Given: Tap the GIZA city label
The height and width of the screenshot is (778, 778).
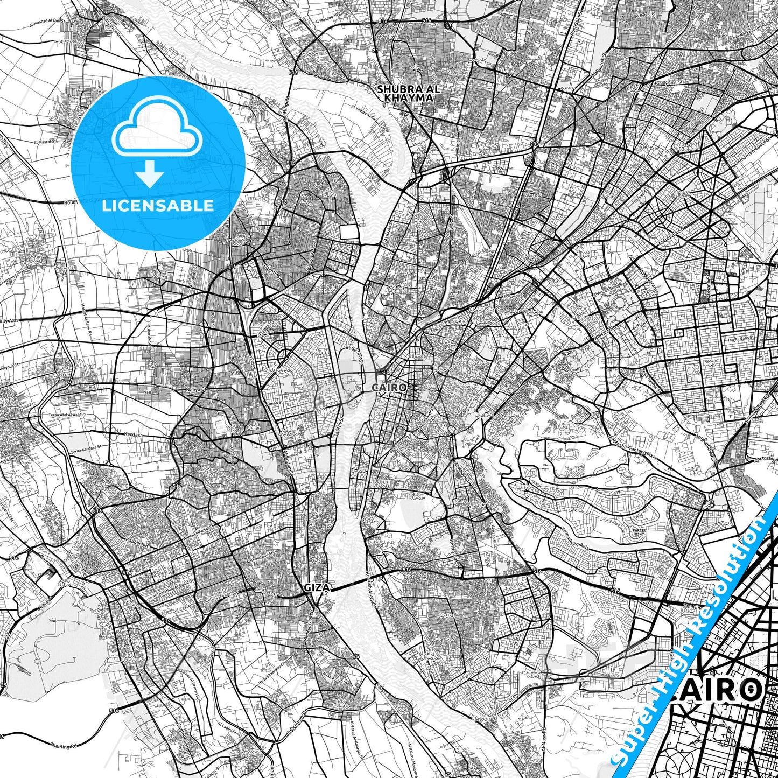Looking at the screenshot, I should [x=317, y=587].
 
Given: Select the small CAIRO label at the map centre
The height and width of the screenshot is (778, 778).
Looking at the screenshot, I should [x=389, y=387].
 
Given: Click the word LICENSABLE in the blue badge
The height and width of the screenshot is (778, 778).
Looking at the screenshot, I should [x=158, y=205].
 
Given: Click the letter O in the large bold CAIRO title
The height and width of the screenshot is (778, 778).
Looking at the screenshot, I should [x=747, y=691].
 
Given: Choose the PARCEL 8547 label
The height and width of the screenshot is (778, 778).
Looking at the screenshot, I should [x=640, y=532].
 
